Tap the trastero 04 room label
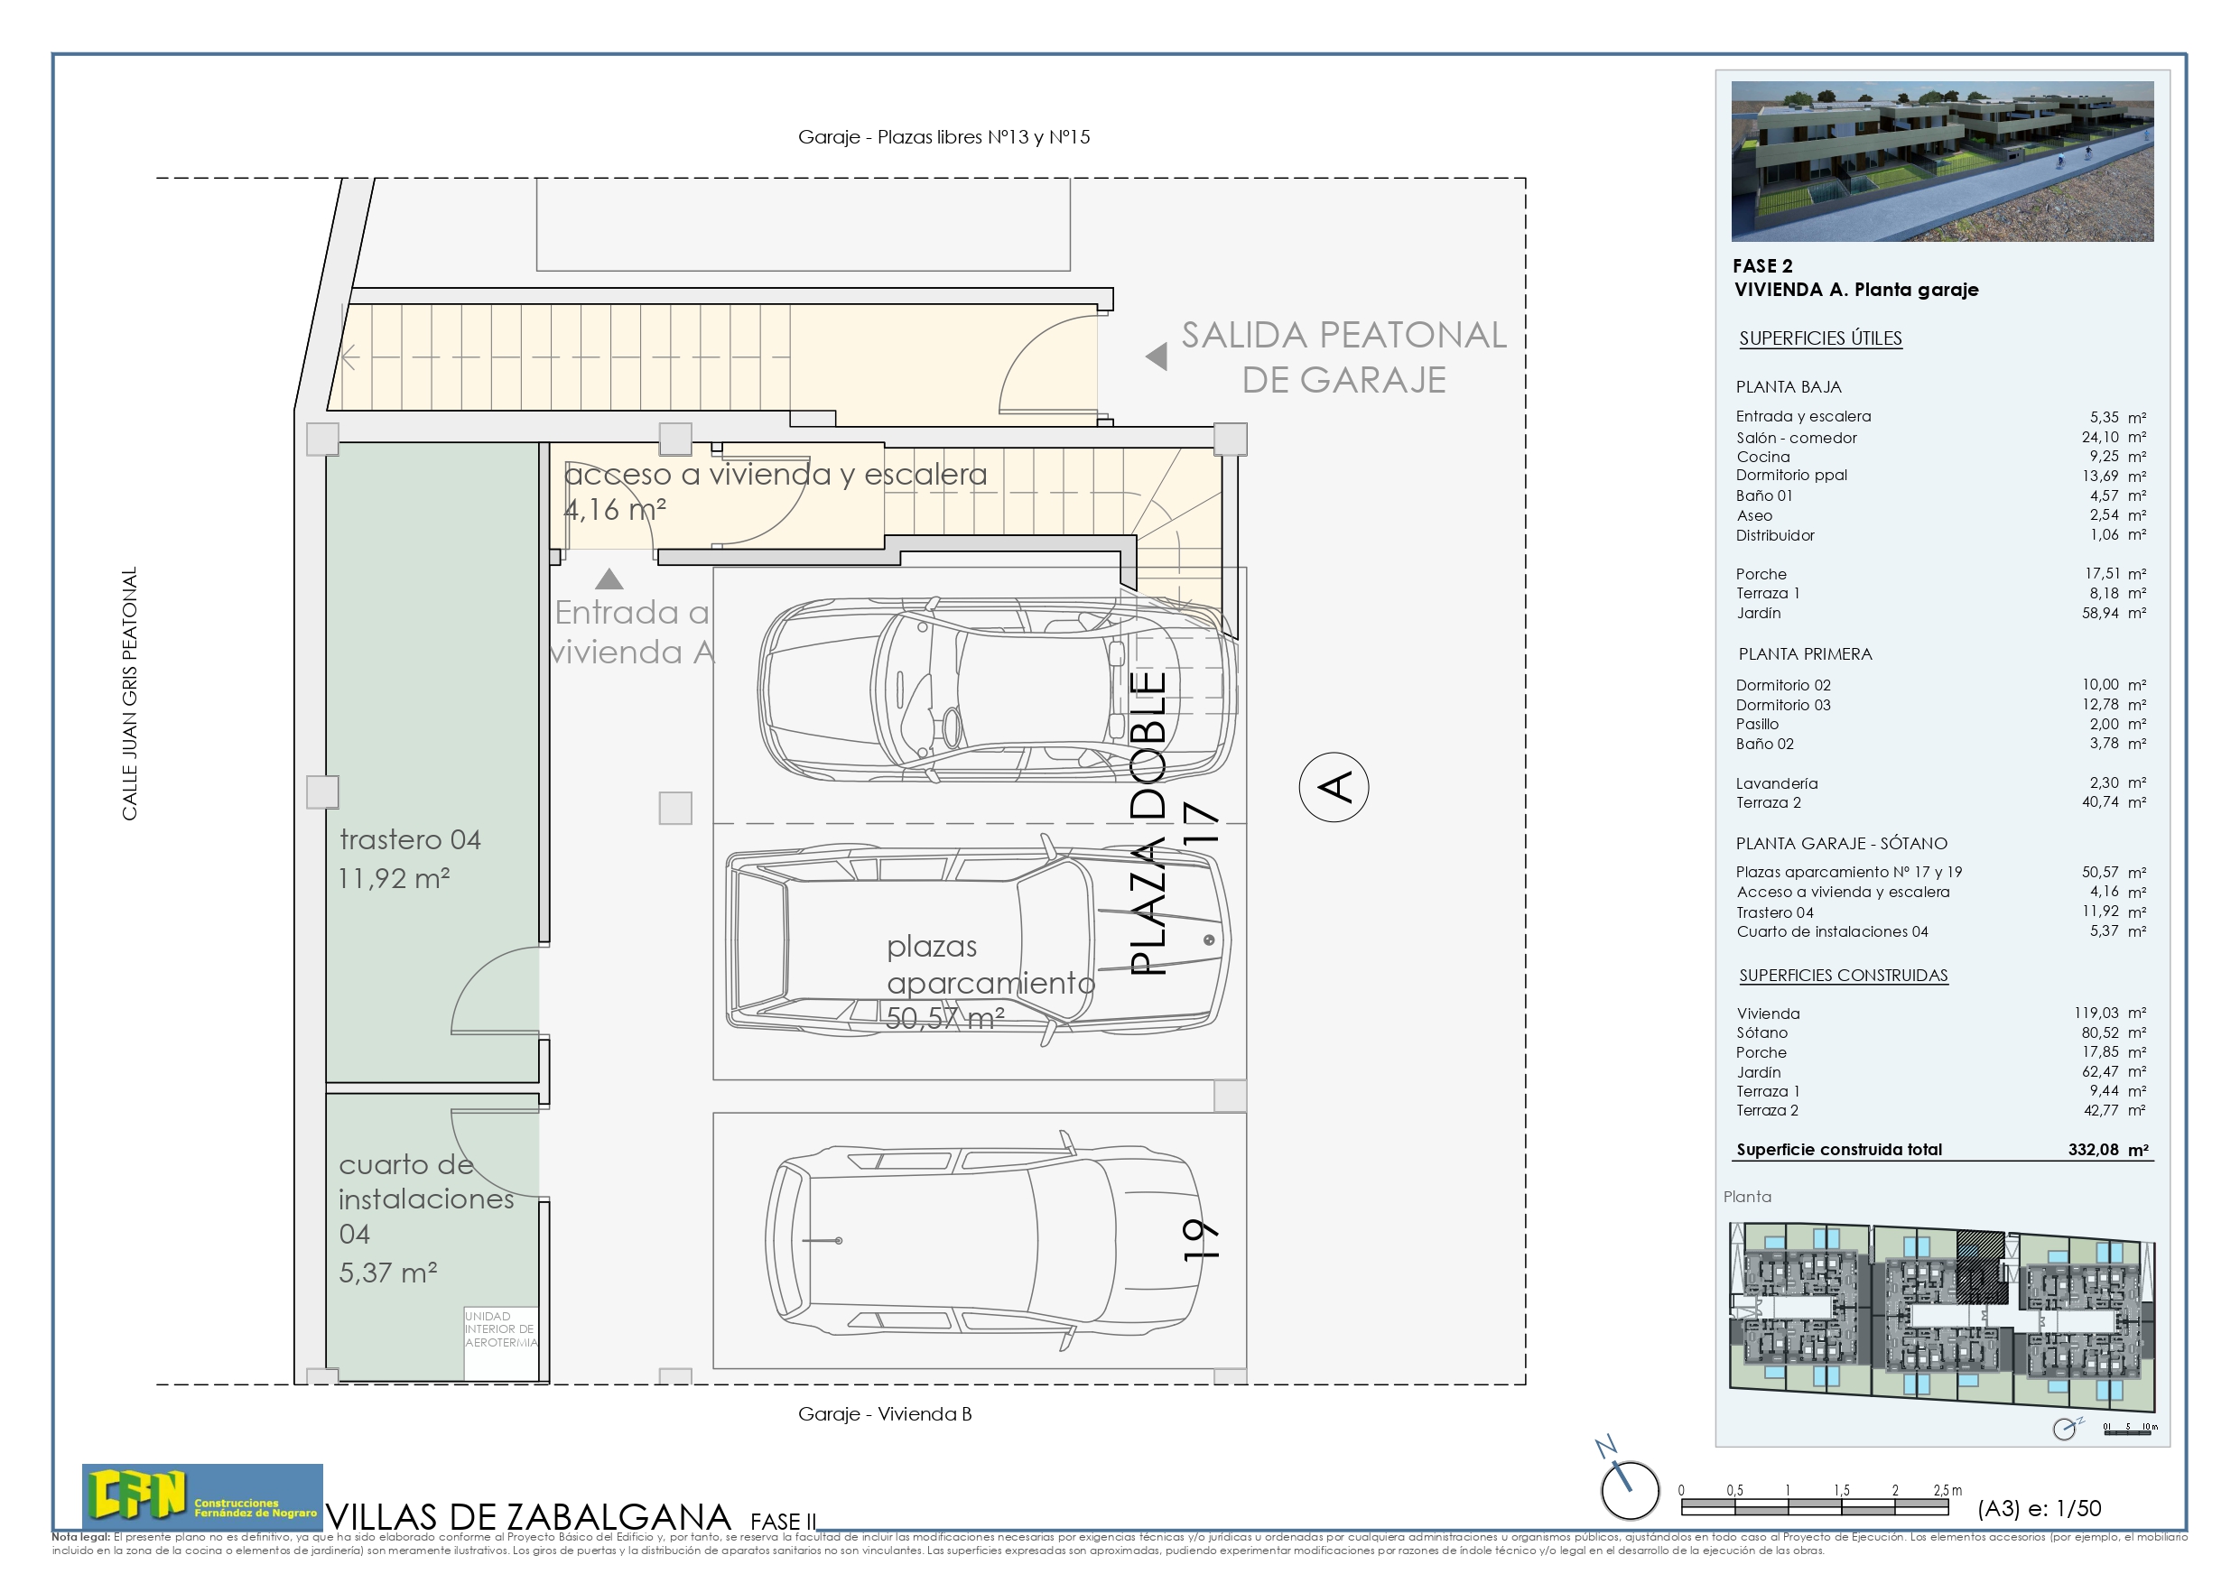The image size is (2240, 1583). click(x=410, y=839)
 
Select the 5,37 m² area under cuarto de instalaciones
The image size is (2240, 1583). click(x=387, y=1273)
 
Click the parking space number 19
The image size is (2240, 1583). click(x=1200, y=1240)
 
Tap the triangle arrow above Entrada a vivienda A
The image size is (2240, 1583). click(x=609, y=579)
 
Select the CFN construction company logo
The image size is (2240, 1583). click(x=202, y=1495)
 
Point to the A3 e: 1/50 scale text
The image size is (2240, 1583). click(x=2038, y=1508)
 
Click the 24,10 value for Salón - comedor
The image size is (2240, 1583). click(x=2100, y=437)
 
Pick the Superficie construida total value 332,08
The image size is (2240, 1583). click(x=2094, y=1149)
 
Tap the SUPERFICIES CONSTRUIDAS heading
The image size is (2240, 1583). click(x=1842, y=976)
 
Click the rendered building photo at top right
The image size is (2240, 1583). click(x=1941, y=161)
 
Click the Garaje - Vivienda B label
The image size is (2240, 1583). click(x=884, y=1413)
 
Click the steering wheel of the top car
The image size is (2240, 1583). click(x=950, y=727)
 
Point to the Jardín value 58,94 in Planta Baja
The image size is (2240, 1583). click(x=2100, y=613)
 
